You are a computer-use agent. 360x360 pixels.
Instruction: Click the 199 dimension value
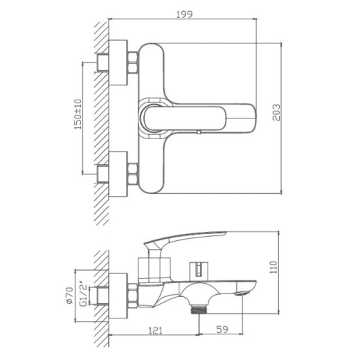point(183,12)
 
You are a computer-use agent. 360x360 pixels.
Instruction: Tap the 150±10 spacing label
point(78,114)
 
